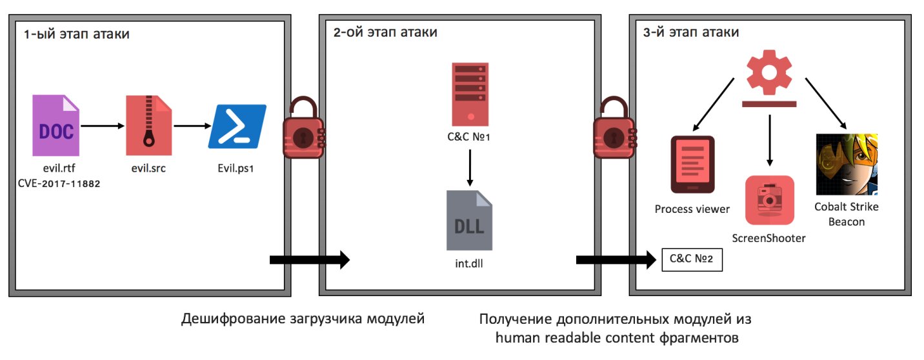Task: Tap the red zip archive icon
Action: point(149,125)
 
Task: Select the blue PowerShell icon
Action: point(237,126)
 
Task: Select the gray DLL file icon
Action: point(470,219)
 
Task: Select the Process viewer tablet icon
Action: point(692,165)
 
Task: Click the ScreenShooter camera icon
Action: point(769,200)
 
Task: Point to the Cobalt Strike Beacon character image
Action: point(845,164)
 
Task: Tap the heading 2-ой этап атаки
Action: point(385,33)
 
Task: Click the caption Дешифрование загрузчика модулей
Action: point(303,319)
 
